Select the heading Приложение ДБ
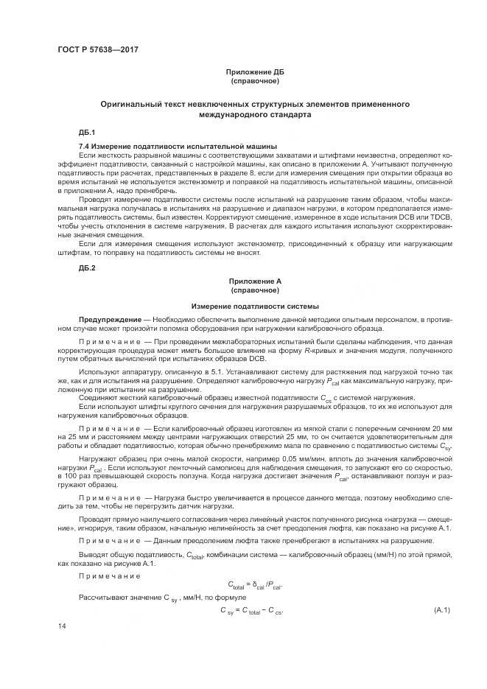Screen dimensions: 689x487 click(x=254, y=71)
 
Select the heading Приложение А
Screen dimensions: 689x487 click(x=254, y=281)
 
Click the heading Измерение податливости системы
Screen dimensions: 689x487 click(x=254, y=305)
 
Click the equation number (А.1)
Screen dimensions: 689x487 click(x=442, y=611)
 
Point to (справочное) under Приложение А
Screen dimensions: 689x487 click(x=254, y=290)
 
